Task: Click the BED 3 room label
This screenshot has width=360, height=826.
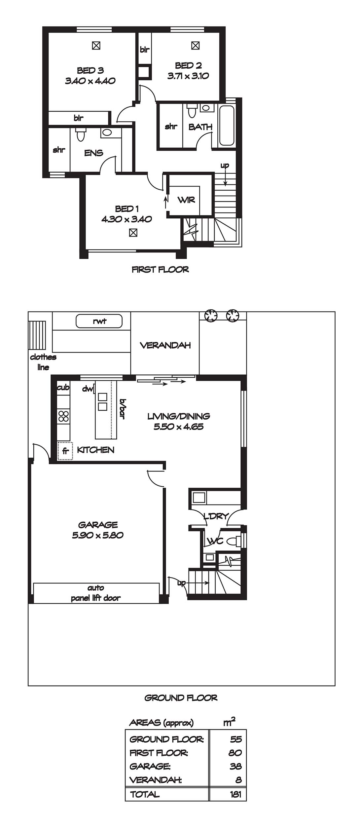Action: pyautogui.click(x=90, y=70)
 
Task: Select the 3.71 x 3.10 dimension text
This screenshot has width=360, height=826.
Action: pyautogui.click(x=188, y=76)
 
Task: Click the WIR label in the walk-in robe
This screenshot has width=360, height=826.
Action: pyautogui.click(x=186, y=200)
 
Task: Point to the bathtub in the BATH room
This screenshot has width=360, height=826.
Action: pyautogui.click(x=227, y=126)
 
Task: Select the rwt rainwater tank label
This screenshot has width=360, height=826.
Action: pyautogui.click(x=99, y=321)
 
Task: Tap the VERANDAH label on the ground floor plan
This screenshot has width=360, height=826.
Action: pyautogui.click(x=165, y=346)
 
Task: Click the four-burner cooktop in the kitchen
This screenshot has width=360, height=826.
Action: pyautogui.click(x=63, y=416)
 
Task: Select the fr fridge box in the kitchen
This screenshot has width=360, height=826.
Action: pyautogui.click(x=65, y=451)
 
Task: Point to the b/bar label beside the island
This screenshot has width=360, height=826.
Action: pyautogui.click(x=123, y=409)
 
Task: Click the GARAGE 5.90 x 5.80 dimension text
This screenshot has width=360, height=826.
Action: pyautogui.click(x=98, y=535)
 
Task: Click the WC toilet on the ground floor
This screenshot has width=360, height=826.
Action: pyautogui.click(x=235, y=541)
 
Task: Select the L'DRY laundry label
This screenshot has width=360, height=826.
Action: pyautogui.click(x=216, y=516)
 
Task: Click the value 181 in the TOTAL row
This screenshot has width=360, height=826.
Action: pyautogui.click(x=236, y=794)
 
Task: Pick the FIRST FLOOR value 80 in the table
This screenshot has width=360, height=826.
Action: pyautogui.click(x=235, y=753)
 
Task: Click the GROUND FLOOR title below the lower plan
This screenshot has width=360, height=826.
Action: pyautogui.click(x=181, y=698)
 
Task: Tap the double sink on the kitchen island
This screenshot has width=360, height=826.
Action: pyautogui.click(x=102, y=402)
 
